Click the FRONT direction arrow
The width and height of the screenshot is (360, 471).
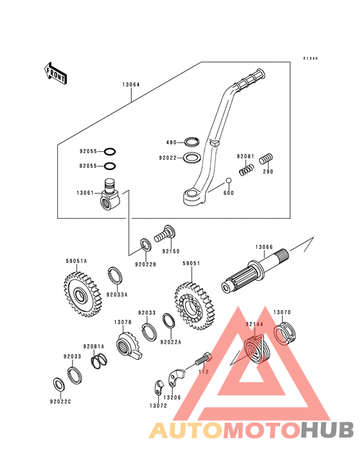coord(56,73)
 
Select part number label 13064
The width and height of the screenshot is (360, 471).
coord(131,84)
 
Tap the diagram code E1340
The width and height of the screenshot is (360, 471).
coord(310,59)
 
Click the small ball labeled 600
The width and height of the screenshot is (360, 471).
coord(229,181)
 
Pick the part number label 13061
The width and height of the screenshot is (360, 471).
coord(85,193)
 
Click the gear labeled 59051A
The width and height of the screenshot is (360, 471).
coord(82,294)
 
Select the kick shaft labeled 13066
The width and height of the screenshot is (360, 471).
coord(256,275)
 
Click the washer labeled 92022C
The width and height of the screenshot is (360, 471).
coord(59,385)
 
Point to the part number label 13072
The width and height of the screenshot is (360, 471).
coord(158,406)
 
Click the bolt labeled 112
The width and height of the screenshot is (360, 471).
coord(204,359)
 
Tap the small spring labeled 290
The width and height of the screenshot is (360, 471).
coord(265,158)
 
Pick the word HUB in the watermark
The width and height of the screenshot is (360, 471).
coord(327,430)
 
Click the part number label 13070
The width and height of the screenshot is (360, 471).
coord(282,313)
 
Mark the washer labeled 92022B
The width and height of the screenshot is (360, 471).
coord(146,245)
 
